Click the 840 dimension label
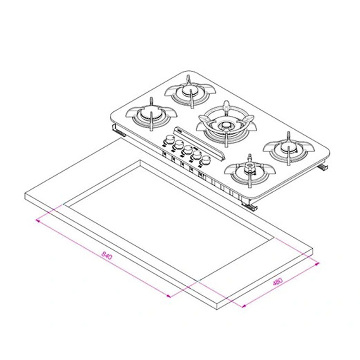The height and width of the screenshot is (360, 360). [107, 256]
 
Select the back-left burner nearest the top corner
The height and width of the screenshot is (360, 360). [190, 91]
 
